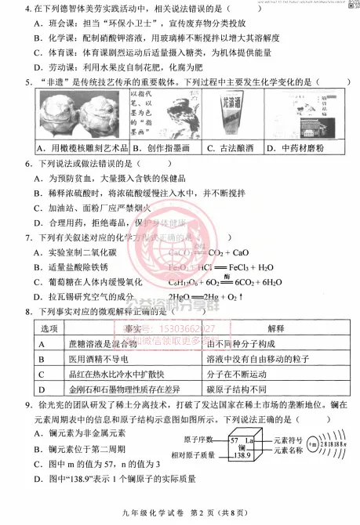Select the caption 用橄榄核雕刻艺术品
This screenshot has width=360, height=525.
pos(77,148)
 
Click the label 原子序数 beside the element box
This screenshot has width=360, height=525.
pos(202,440)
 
